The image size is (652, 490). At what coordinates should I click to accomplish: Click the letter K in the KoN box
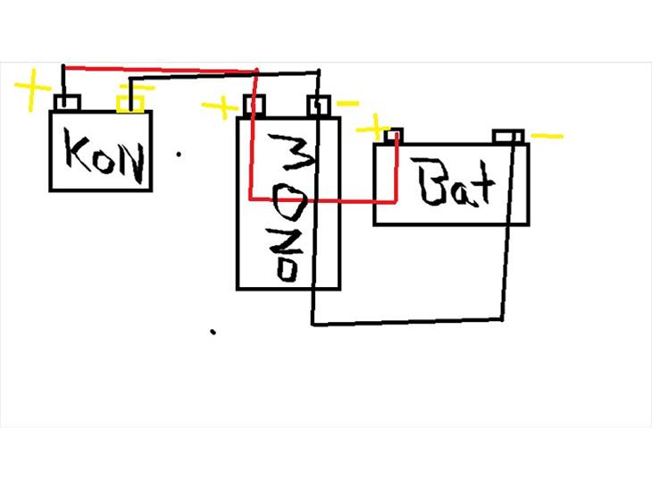(77, 156)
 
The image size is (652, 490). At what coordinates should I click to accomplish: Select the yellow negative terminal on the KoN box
(130, 105)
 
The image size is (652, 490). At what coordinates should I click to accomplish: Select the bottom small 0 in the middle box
(287, 269)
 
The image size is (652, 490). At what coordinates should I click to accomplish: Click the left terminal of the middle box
(255, 106)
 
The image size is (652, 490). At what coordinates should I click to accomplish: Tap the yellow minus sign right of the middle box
(347, 104)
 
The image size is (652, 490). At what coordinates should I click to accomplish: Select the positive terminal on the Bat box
(393, 136)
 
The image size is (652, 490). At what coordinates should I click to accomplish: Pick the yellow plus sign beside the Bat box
(374, 126)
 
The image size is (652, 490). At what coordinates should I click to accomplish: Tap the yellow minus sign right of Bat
(548, 137)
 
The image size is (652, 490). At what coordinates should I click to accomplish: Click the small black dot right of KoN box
(180, 154)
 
